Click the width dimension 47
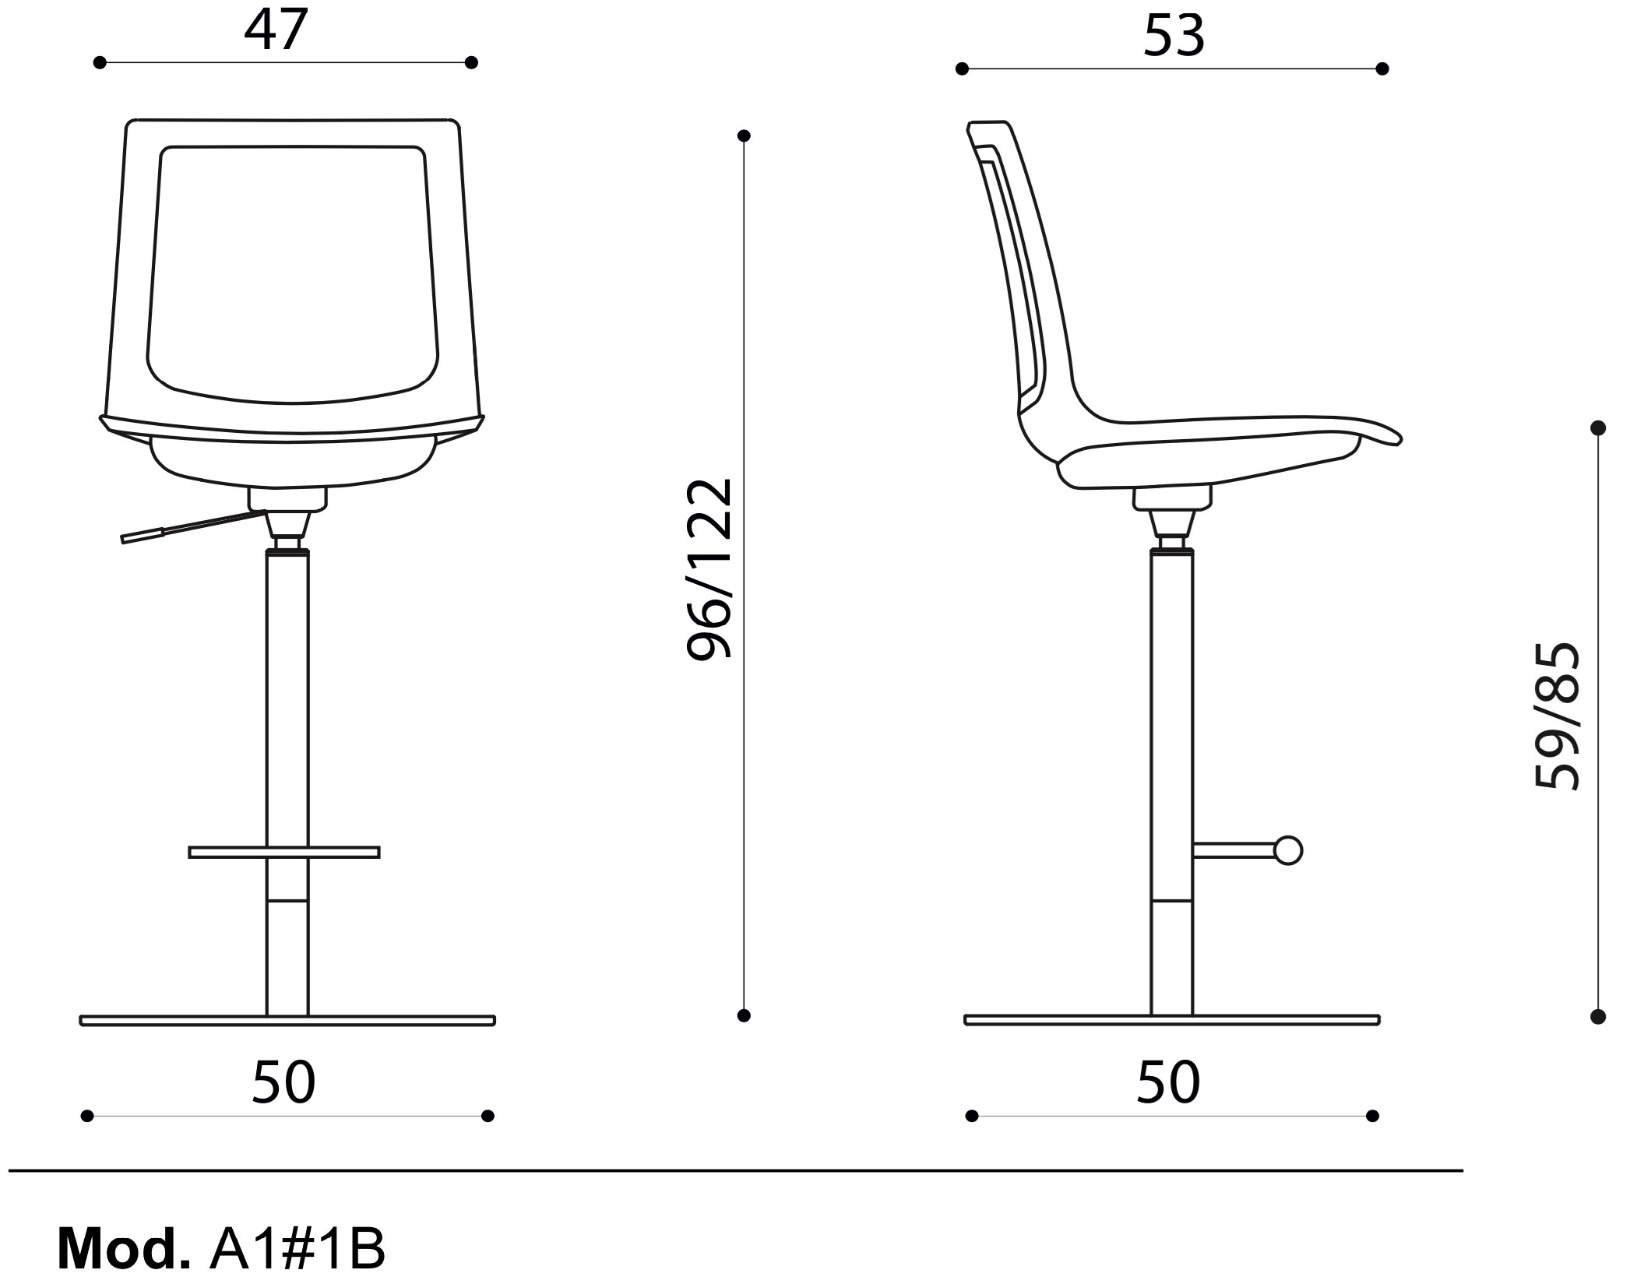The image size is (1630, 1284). tap(276, 30)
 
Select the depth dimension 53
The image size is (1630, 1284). tap(1174, 36)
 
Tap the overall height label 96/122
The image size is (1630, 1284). tap(709, 569)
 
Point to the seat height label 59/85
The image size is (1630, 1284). tap(1557, 716)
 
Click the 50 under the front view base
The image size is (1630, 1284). tap(283, 1082)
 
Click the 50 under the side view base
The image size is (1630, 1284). tap(1168, 1082)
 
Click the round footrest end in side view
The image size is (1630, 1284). tap(1288, 850)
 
